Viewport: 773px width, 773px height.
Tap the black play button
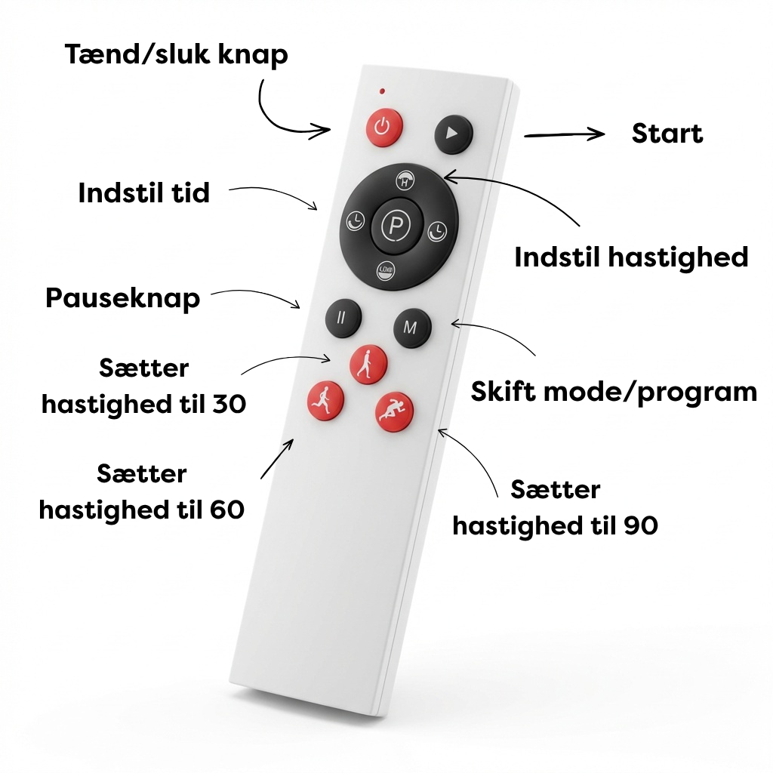pos(454,134)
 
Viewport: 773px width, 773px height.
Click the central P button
pos(397,225)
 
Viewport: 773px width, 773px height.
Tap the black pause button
pos(343,318)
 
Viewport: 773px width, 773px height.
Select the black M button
pos(412,328)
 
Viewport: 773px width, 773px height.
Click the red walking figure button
pos(368,365)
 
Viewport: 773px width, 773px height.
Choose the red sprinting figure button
pos(394,411)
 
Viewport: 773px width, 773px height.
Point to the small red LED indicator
pos(382,91)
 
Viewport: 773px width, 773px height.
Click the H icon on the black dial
pos(405,181)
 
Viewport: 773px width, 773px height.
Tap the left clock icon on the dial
pos(355,221)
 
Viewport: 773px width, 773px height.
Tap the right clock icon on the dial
pos(437,231)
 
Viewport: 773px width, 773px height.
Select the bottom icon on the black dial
pos(386,270)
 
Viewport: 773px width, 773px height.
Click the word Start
pos(667,134)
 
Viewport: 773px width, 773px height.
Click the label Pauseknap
pos(123,299)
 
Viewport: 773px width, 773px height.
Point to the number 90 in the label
pos(641,525)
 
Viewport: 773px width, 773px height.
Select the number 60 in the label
pos(227,510)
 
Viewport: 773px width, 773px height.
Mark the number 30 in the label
pos(229,405)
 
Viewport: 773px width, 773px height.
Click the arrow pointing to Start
pos(565,134)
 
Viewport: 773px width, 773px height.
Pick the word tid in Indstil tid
pos(190,192)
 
